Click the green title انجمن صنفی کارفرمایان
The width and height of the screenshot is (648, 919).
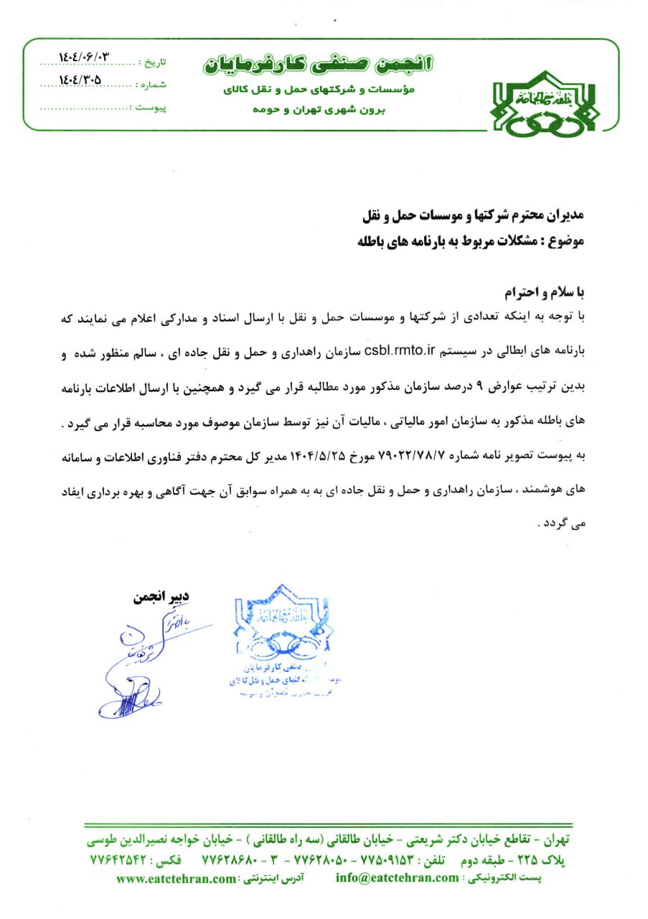coord(318,64)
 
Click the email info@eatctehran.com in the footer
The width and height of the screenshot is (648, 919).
coord(396,877)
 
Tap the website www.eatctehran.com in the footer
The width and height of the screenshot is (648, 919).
coord(176,878)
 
